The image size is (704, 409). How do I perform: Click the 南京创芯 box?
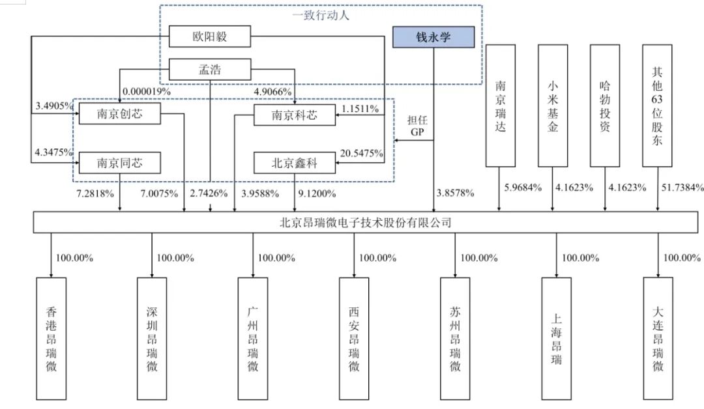pos(119,115)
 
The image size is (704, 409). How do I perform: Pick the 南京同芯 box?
pos(119,163)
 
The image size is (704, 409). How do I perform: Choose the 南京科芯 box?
pos(295,116)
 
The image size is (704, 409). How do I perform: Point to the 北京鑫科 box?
pos(295,163)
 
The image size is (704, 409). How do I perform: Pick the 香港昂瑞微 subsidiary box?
pos(51,338)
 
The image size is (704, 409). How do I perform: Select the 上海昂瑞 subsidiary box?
pos(556,338)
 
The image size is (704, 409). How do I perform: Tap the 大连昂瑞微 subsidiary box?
pos(658,338)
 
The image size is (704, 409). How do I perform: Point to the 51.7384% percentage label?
pos(681,188)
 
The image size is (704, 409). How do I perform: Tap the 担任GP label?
pos(417,126)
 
